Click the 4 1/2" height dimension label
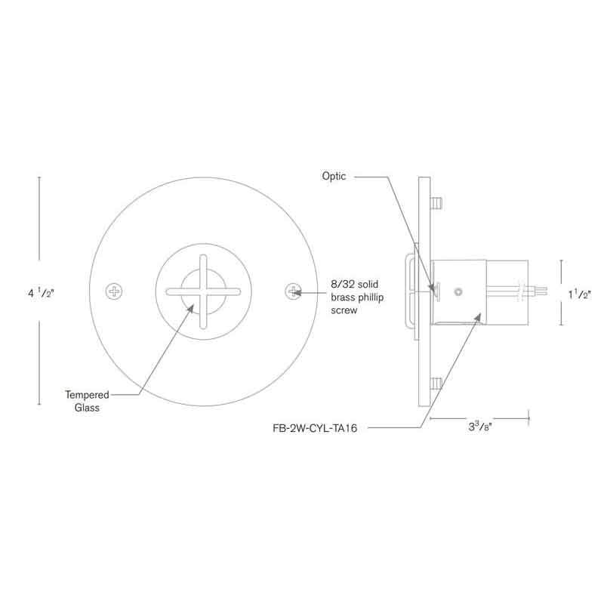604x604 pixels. (x=41, y=293)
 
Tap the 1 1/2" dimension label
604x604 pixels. (x=580, y=294)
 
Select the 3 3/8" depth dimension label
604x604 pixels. (x=480, y=427)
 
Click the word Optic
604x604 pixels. (x=334, y=177)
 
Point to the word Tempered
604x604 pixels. (x=87, y=395)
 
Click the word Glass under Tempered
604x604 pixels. (x=87, y=408)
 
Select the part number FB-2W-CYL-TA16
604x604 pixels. (x=315, y=428)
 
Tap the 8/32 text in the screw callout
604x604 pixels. (x=341, y=285)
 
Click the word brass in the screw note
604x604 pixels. (x=343, y=297)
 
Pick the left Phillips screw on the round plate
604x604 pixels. (x=114, y=291)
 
